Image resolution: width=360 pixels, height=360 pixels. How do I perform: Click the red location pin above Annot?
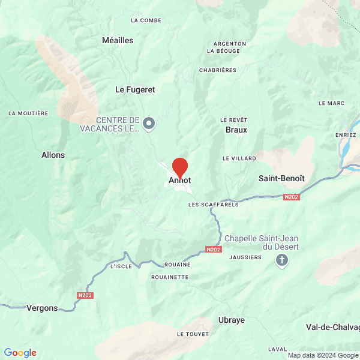[180, 166]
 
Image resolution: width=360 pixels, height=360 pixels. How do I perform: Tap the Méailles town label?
[118, 41]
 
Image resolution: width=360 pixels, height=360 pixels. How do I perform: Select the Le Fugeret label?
[135, 89]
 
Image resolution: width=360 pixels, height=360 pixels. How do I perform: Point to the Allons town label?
[53, 155]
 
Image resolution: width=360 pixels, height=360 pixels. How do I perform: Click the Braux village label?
[236, 130]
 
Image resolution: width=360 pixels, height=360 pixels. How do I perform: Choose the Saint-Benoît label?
[281, 178]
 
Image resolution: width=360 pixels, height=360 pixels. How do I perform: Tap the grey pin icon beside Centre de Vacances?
[149, 124]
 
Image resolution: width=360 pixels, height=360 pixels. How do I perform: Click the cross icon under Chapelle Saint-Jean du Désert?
[281, 260]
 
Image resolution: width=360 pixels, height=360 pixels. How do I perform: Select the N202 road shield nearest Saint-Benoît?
[292, 197]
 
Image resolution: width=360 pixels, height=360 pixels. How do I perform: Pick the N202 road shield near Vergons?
[86, 295]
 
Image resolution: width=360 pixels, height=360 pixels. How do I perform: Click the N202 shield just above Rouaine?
[213, 250]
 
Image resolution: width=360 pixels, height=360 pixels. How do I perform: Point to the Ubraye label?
[232, 320]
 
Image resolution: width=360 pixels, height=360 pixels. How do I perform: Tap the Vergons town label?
[42, 308]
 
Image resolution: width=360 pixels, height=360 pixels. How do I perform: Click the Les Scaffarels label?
[213, 205]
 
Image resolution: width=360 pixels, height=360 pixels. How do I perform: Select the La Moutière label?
[28, 113]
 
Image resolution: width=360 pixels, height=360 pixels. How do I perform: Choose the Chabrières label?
[218, 70]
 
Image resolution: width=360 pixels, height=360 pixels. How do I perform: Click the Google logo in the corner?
[20, 353]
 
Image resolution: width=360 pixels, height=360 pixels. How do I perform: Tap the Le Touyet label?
[193, 334]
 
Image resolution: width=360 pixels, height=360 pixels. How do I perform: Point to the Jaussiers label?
[245, 257]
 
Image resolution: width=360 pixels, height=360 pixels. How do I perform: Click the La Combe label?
[146, 20]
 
